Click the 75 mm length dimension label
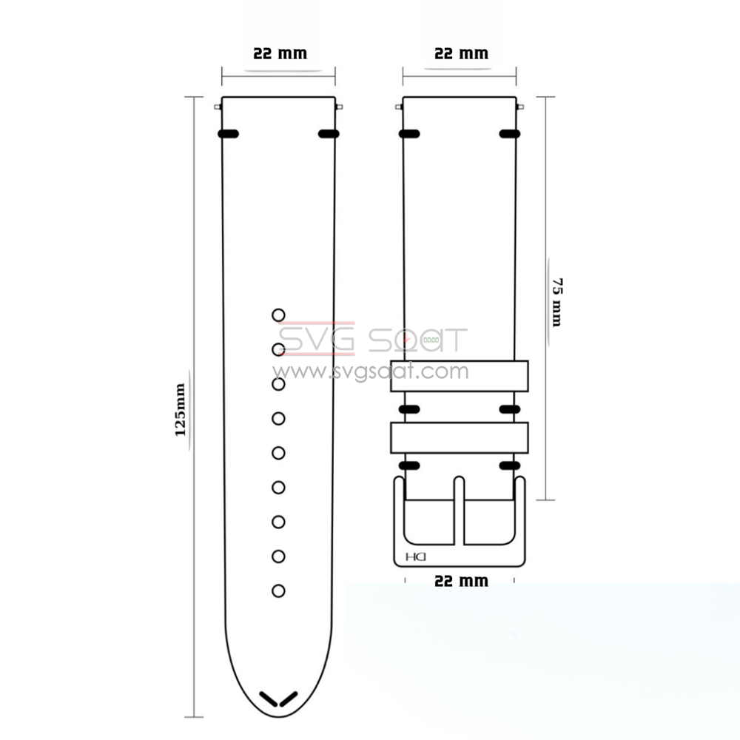pos(556,302)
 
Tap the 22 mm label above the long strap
pos(280,54)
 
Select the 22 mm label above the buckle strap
pos(460,54)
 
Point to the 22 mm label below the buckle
pos(460,581)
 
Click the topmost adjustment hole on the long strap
pos(278,315)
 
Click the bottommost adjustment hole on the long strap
pos(278,591)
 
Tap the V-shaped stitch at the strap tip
pos(278,699)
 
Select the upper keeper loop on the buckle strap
pos(460,375)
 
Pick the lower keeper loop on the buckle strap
pos(460,437)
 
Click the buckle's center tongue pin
pos(459,511)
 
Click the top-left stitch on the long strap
pos(229,134)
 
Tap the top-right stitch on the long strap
pos(328,134)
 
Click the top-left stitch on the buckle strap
pos(409,134)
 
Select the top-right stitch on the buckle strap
pos(508,134)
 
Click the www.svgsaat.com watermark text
pos(370,371)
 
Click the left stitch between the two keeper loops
pos(409,408)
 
